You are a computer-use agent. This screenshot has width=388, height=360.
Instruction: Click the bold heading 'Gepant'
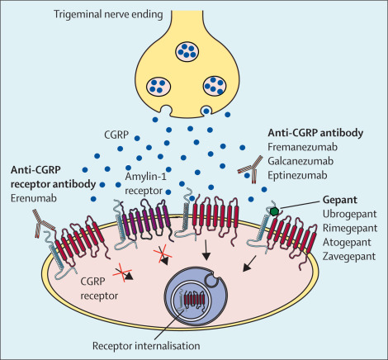click(339, 199)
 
